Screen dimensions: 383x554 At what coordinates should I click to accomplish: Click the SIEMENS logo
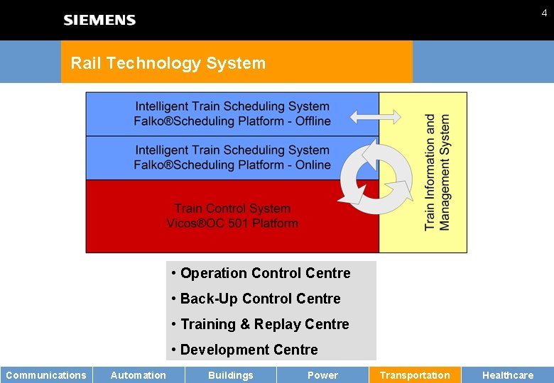[x=99, y=20]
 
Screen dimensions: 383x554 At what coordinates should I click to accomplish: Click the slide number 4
[x=544, y=13]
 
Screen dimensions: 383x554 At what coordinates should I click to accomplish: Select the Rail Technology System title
[x=168, y=63]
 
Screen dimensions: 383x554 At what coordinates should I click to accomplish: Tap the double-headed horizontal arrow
[x=376, y=116]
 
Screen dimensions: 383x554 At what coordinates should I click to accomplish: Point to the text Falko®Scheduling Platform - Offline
[x=232, y=121]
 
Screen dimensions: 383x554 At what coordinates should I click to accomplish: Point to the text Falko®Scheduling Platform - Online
[x=232, y=165]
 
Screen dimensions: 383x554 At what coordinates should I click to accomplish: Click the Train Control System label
[x=232, y=209]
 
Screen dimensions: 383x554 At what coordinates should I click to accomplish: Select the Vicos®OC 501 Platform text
[x=232, y=223]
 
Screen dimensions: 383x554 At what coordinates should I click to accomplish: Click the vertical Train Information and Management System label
[x=438, y=172]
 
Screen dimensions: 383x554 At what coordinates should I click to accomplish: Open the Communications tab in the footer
[x=46, y=375]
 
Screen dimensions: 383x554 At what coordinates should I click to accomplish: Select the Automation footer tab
[x=138, y=375]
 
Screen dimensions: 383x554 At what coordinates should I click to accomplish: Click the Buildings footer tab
[x=231, y=375]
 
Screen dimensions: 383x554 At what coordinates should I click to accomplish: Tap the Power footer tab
[x=322, y=375]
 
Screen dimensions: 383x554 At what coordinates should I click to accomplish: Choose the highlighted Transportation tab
[x=415, y=375]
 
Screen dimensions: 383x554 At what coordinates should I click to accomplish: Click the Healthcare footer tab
[x=508, y=375]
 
